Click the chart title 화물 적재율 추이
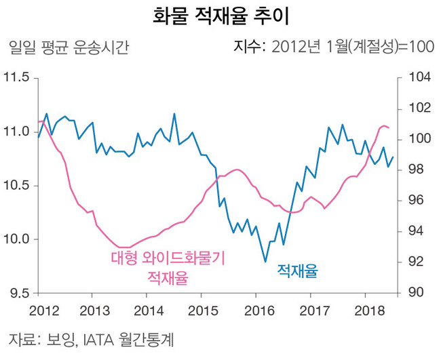(220, 16)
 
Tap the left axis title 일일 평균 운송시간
(66, 48)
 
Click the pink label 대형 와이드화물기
(168, 258)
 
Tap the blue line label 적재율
(297, 272)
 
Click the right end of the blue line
(393, 157)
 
